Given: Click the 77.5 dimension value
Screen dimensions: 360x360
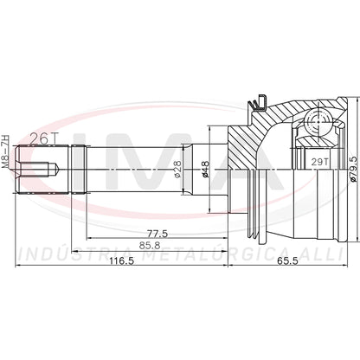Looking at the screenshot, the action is tap(157, 233).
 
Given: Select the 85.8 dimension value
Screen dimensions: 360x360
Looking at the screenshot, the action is tap(150, 246).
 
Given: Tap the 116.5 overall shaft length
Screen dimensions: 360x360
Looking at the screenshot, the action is tap(121, 260).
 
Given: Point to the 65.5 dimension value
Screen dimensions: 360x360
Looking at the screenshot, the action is tap(287, 260).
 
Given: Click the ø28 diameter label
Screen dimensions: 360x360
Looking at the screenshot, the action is tap(177, 170).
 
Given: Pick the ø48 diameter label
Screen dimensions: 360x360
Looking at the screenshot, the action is tap(205, 170).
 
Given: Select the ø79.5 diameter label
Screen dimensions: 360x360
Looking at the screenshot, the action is tap(353, 168).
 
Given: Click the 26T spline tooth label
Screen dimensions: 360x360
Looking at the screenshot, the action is tap(44, 139).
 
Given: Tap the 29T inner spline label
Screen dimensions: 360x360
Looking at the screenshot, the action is tap(319, 162).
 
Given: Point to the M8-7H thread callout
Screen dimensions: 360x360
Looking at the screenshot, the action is tap(5, 151).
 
